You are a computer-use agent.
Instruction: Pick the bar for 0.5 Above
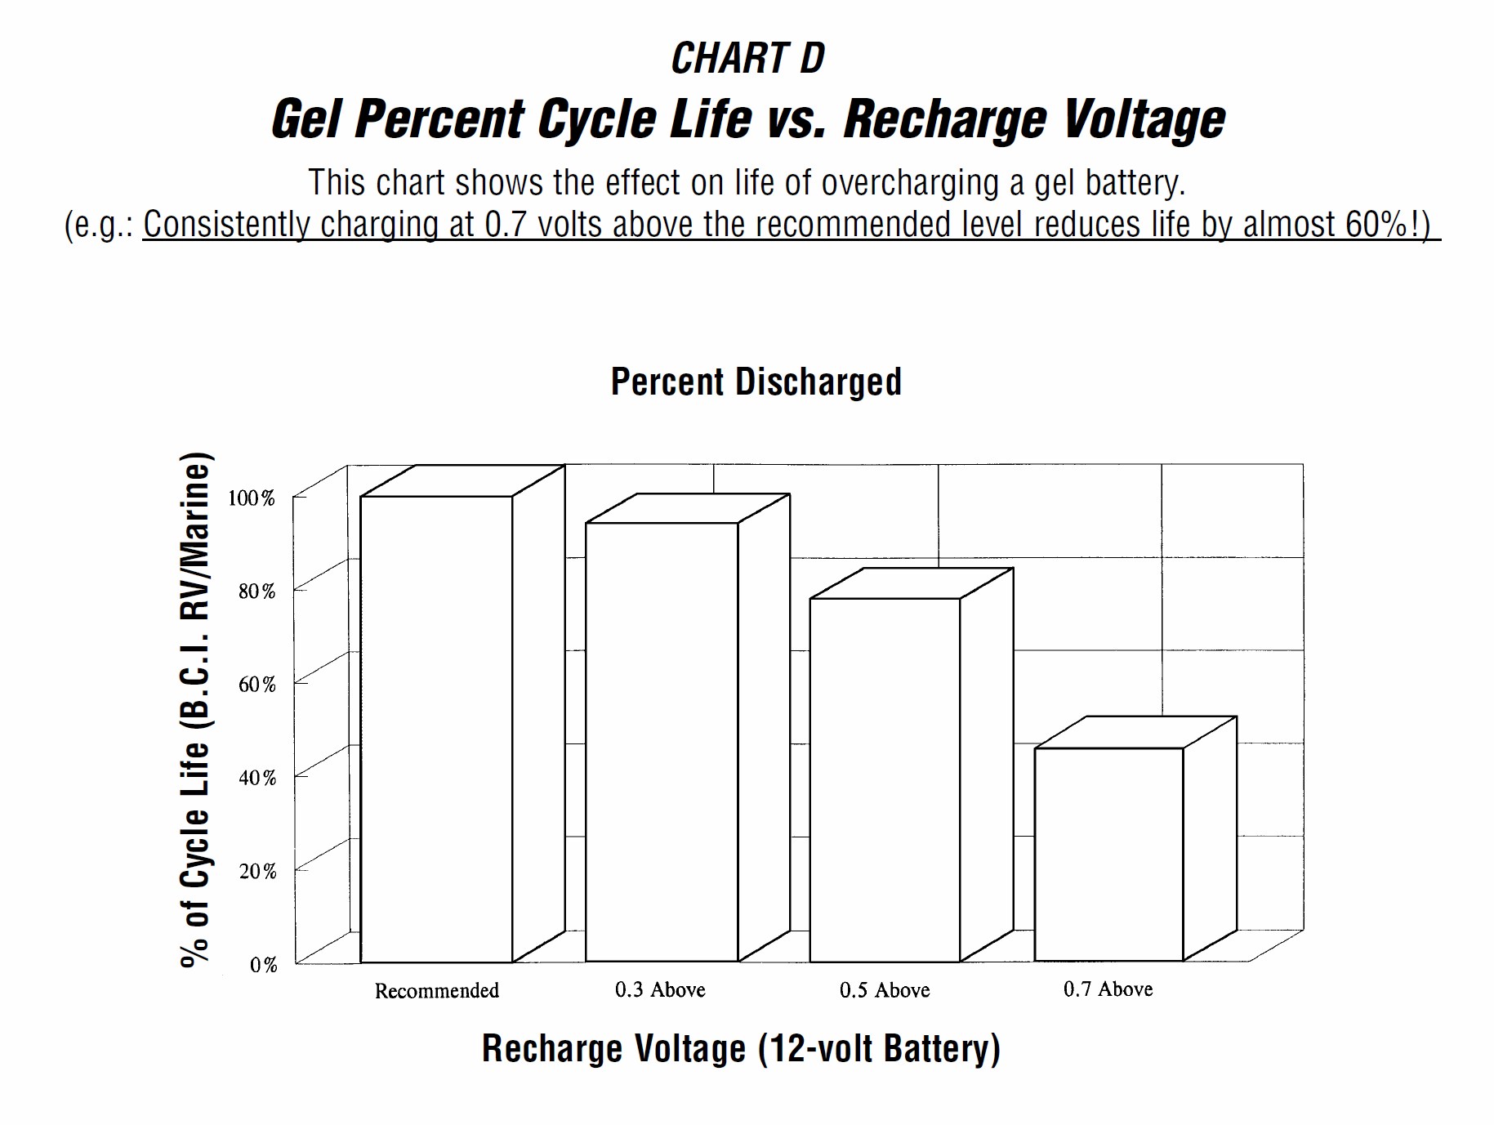[885, 780]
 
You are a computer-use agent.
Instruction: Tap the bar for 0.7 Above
[1108, 854]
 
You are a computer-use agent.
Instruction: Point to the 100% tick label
[252, 498]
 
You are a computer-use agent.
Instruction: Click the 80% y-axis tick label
[256, 592]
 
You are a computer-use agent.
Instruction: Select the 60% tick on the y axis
[256, 685]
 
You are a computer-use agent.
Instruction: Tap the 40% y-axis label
[256, 778]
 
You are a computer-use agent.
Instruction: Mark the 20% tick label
[256, 872]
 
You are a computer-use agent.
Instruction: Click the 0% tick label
[263, 965]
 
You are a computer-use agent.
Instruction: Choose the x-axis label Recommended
[436, 991]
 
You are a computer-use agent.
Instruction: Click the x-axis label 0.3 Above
[660, 990]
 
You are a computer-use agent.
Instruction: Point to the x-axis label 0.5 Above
[885, 990]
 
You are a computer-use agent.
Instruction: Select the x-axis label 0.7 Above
[1108, 989]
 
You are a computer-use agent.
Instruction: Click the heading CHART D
[747, 59]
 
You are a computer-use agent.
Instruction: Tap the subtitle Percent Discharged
[756, 382]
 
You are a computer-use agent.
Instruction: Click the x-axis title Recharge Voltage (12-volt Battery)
[741, 1049]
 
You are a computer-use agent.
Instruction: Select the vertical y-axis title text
[195, 709]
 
